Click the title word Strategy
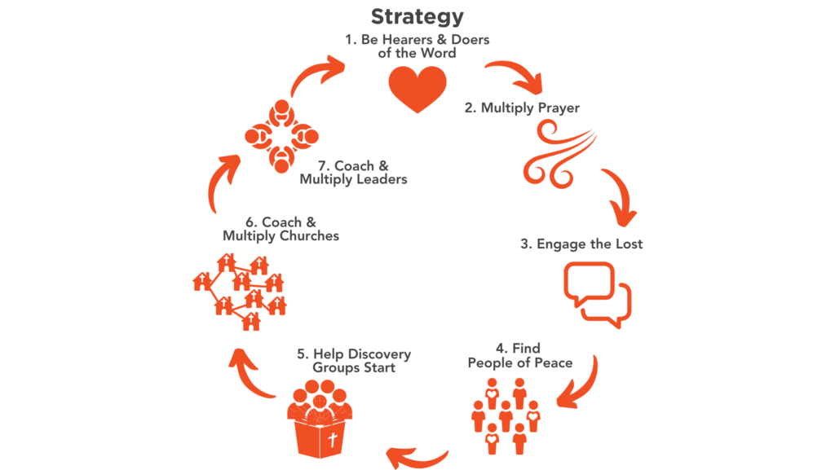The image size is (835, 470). click(417, 16)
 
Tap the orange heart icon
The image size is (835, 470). click(417, 89)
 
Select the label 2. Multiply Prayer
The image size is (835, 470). click(522, 108)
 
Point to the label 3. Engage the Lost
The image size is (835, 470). click(581, 244)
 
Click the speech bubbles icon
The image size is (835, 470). click(598, 294)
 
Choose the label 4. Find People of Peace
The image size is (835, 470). click(519, 355)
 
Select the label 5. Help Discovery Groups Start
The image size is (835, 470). click(354, 361)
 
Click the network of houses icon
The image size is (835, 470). click(238, 290)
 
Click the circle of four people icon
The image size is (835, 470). click(281, 136)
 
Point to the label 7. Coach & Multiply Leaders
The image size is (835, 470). click(352, 173)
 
